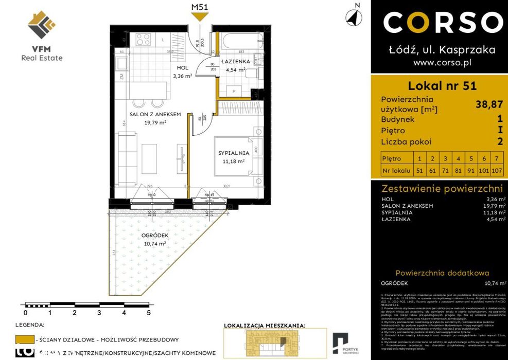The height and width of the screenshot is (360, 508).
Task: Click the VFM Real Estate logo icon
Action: coord(42,25)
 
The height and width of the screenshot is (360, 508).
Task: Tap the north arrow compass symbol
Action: coord(354,17)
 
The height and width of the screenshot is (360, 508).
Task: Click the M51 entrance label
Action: coord(199,7)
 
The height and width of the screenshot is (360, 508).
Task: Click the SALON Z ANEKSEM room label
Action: coord(155,115)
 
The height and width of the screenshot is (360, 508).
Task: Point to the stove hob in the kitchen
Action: coord(143,39)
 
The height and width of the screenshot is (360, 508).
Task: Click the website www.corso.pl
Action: coord(442,63)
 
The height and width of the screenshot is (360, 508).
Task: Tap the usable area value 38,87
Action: coord(488,104)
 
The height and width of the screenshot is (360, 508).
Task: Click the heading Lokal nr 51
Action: coord(442,85)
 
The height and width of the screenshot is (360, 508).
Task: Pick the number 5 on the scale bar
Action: coord(149,312)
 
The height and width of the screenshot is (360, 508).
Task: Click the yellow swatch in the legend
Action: coord(24,340)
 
